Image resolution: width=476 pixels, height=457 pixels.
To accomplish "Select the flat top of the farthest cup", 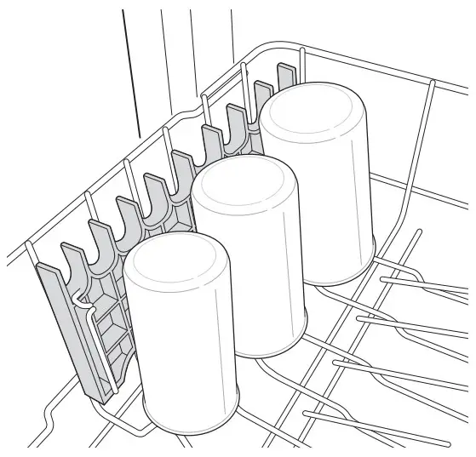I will pyautogui.click(x=313, y=111).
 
